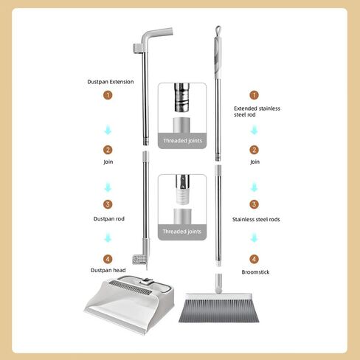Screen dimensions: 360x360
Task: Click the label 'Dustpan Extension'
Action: [111, 82]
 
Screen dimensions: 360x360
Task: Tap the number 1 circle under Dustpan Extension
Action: [108, 95]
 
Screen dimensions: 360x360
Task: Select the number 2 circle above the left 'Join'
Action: [108, 150]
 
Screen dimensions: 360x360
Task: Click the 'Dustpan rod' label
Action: [109, 219]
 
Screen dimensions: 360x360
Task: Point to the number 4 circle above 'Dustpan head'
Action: [108, 259]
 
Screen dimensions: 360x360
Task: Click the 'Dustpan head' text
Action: [108, 270]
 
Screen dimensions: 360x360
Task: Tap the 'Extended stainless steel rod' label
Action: [257, 111]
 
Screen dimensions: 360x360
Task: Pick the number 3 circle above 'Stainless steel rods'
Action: [254, 204]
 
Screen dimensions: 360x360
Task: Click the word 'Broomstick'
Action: [255, 272]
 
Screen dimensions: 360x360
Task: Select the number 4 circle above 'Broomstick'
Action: [254, 259]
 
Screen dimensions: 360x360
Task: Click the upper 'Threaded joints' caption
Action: [182, 141]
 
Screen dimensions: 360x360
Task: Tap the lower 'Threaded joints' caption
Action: [182, 232]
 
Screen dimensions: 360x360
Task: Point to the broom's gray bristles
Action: [218, 311]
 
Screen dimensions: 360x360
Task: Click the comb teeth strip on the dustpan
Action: [131, 287]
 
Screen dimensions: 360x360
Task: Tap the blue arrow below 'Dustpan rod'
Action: [108, 238]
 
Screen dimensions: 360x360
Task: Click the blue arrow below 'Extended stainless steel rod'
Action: [254, 130]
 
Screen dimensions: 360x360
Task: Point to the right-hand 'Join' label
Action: [255, 162]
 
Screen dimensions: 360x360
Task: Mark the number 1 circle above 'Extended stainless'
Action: [254, 95]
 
